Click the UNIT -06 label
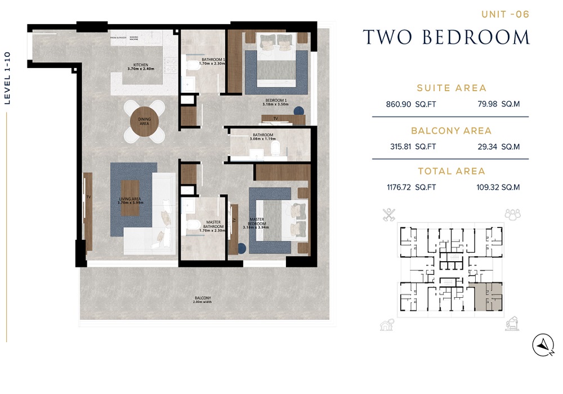pyautogui.click(x=505, y=15)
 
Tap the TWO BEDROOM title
pyautogui.click(x=446, y=37)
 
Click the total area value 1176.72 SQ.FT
pyautogui.click(x=403, y=187)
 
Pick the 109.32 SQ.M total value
pyautogui.click(x=495, y=187)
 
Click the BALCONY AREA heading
pyautogui.click(x=451, y=131)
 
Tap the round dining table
pyautogui.click(x=144, y=120)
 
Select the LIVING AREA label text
pyautogui.click(x=131, y=200)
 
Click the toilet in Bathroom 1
pyautogui.click(x=192, y=66)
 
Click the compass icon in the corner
pyautogui.click(x=543, y=344)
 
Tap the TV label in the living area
pyautogui.click(x=88, y=197)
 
